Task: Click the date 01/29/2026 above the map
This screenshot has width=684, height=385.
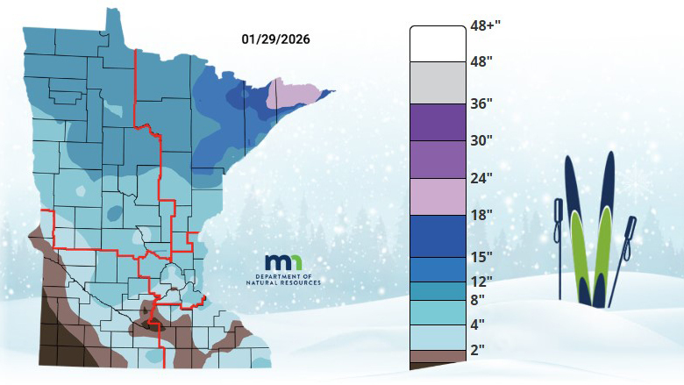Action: tap(275, 39)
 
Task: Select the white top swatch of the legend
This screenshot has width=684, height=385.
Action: tap(437, 43)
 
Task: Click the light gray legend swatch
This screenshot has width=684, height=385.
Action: tap(437, 83)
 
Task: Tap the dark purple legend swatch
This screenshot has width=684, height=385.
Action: tap(437, 122)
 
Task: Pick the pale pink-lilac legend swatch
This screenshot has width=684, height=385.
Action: tap(437, 196)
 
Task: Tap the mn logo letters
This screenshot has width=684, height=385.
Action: tap(284, 263)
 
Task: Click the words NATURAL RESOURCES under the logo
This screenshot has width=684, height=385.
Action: tap(284, 283)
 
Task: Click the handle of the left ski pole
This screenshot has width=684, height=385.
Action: tap(558, 211)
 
